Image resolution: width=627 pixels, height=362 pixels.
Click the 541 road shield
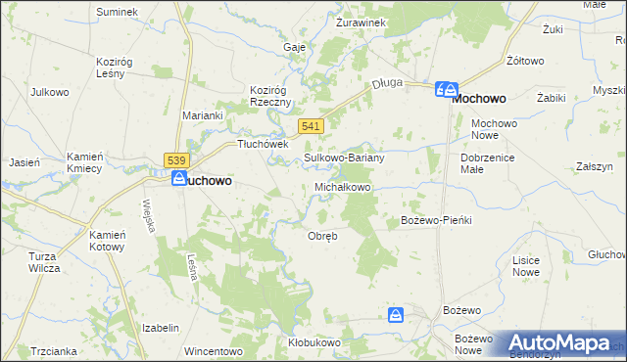[x=311, y=127]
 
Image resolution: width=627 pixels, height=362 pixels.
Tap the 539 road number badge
[x=176, y=160]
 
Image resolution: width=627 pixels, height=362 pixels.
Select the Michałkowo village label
[x=342, y=186]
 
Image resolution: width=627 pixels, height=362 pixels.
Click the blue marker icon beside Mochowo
[x=446, y=90]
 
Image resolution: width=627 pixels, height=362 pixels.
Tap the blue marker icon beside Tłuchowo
[x=179, y=178]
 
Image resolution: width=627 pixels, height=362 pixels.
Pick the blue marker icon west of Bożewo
[x=395, y=314]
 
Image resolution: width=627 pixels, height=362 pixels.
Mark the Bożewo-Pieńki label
[x=437, y=220]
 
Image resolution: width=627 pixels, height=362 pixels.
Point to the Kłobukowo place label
[x=313, y=342]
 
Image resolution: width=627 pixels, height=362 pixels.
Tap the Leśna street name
[x=192, y=266]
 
